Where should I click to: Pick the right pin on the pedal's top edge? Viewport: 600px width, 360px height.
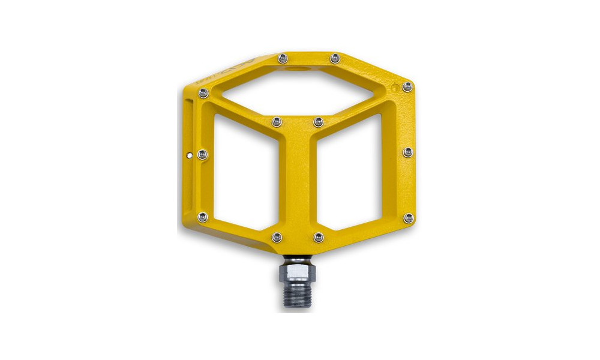(335, 58)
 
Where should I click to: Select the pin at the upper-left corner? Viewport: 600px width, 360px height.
(203, 93)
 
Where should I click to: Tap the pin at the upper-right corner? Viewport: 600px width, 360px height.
(407, 86)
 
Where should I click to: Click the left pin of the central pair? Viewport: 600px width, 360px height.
(277, 122)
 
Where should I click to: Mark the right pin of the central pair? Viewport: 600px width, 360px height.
(318, 122)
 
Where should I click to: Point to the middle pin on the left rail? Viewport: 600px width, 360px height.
(202, 155)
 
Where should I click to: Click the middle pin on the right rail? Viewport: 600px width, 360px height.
(408, 152)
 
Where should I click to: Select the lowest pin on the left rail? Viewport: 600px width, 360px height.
(203, 217)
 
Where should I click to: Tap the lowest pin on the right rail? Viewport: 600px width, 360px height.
(408, 218)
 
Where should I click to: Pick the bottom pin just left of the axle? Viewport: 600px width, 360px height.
(277, 238)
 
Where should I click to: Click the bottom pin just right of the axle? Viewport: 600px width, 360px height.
(319, 238)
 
